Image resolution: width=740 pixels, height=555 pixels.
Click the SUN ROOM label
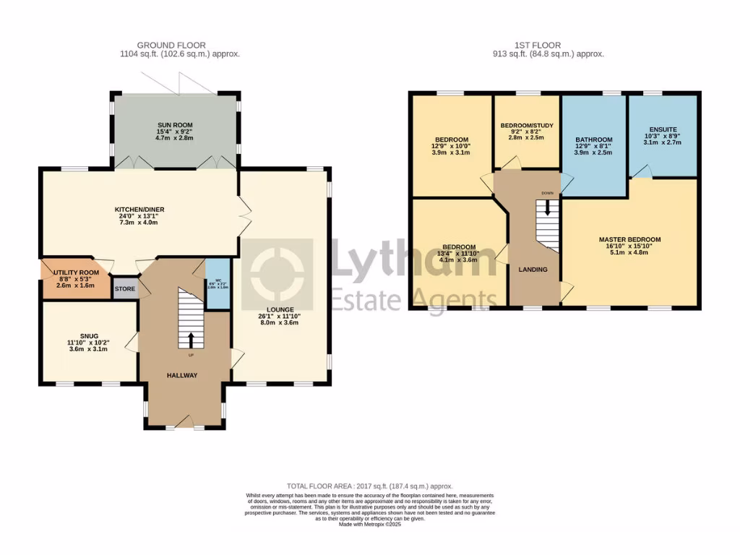click(176, 125)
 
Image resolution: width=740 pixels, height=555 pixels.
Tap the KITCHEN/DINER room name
click(137, 210)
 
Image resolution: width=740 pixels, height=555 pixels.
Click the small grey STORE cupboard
click(124, 289)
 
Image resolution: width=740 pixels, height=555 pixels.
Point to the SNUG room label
click(89, 335)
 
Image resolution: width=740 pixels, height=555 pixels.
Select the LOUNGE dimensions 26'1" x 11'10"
click(278, 317)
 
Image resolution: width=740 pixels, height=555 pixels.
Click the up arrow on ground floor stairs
click(191, 340)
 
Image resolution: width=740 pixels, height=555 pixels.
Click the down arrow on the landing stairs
click(547, 207)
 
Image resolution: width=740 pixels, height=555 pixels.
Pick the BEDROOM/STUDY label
click(527, 125)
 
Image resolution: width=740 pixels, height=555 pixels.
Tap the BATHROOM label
click(593, 139)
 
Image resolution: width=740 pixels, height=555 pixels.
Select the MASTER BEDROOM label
click(629, 239)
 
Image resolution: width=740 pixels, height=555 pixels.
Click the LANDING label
click(533, 270)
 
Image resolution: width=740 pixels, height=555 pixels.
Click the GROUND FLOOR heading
click(180, 45)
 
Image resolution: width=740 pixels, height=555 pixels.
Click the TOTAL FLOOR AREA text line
click(369, 486)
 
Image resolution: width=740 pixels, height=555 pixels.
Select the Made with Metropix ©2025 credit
click(369, 524)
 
